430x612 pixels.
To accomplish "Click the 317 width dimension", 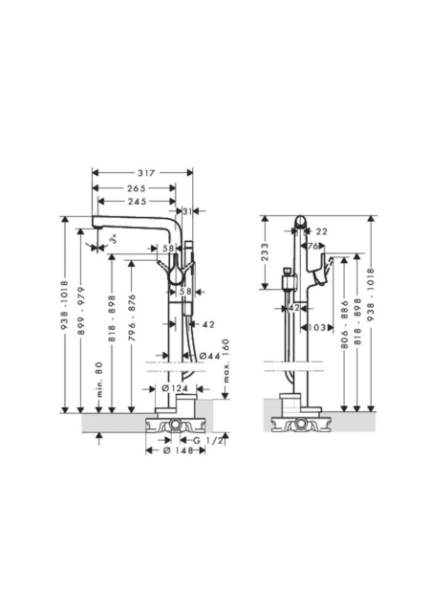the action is click(x=146, y=172).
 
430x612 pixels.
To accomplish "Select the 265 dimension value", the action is click(x=137, y=188).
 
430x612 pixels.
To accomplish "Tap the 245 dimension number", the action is click(x=137, y=202).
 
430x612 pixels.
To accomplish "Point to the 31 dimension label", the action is click(x=187, y=211).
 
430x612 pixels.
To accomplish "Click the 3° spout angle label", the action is click(x=113, y=239).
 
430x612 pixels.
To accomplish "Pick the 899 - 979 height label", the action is click(x=81, y=311).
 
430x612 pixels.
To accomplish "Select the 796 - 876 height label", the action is click(x=132, y=318).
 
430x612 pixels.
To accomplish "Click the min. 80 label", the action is click(x=99, y=380).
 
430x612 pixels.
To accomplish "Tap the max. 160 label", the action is click(x=226, y=361).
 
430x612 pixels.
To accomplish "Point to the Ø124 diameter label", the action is click(x=175, y=388).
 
